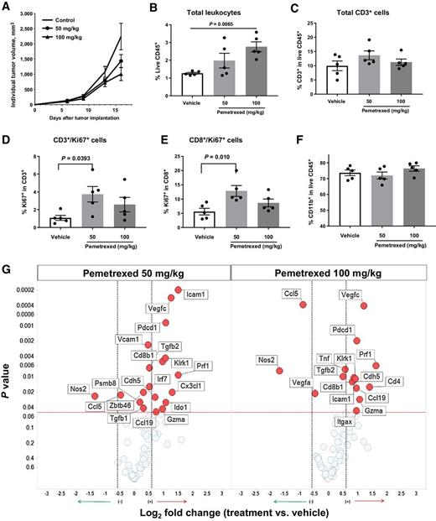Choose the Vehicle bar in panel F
point(326,207)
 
